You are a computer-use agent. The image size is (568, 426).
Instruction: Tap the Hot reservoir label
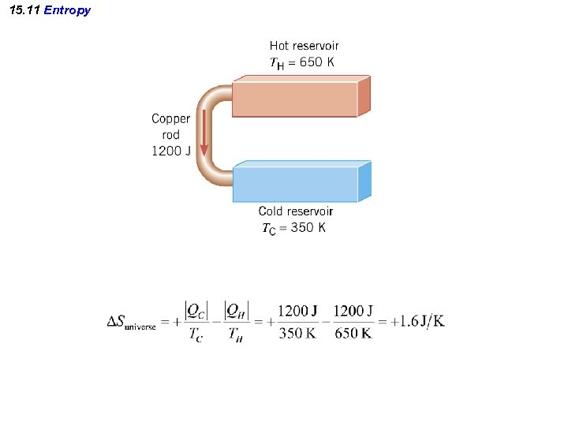tap(304, 47)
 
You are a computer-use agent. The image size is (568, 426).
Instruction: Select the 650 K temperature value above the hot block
tap(311, 62)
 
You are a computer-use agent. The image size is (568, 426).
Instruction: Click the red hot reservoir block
tap(296, 99)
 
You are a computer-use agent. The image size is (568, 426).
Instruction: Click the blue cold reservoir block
tap(296, 184)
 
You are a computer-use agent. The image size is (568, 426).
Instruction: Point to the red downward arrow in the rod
tap(204, 134)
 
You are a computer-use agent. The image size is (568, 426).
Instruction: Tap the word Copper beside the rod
tap(170, 119)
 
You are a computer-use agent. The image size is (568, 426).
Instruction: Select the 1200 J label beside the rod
tap(170, 151)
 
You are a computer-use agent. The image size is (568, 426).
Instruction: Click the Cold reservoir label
tap(296, 211)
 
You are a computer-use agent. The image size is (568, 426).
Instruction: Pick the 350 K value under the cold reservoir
tap(308, 228)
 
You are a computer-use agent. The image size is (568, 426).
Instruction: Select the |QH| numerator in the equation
tap(236, 311)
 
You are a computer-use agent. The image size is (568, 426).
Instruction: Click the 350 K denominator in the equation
tap(297, 333)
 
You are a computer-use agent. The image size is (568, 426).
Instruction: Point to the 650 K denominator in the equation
tap(353, 333)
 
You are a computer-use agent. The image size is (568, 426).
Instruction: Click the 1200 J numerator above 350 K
tap(297, 310)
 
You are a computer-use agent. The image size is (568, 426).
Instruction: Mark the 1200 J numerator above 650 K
tap(353, 310)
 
